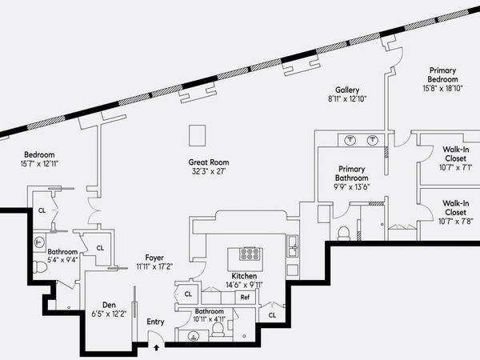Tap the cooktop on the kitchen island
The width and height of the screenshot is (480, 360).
(x=250, y=255)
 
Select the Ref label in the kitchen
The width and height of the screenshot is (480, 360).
(x=246, y=297)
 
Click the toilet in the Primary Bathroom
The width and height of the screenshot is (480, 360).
(x=344, y=234)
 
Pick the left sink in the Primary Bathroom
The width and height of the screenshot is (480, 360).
(x=350, y=141)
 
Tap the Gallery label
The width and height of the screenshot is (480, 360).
(x=347, y=90)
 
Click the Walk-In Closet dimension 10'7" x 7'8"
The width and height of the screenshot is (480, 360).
(x=446, y=222)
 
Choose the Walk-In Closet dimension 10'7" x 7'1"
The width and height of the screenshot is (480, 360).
(x=446, y=167)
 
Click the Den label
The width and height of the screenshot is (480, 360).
(x=110, y=305)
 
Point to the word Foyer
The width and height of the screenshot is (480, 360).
(x=154, y=257)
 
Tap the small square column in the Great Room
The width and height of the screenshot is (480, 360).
(x=198, y=134)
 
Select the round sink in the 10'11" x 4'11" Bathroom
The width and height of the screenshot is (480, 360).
(x=193, y=336)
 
